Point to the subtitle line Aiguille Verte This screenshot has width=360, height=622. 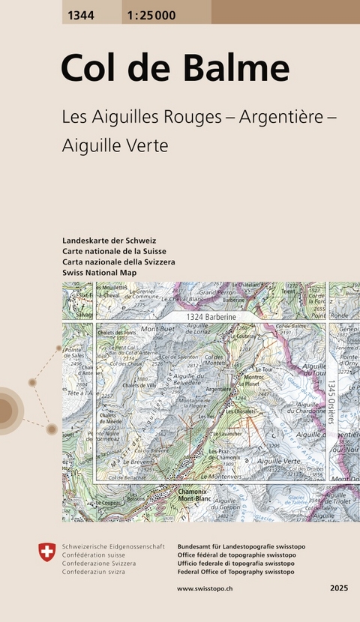pos(115,146)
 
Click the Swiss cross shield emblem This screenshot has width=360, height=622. pos(46,553)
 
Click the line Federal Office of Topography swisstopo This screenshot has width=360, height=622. pos(235,572)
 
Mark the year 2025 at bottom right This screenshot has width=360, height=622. pos(339,589)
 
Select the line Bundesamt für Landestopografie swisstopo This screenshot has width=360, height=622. pos(237,547)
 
